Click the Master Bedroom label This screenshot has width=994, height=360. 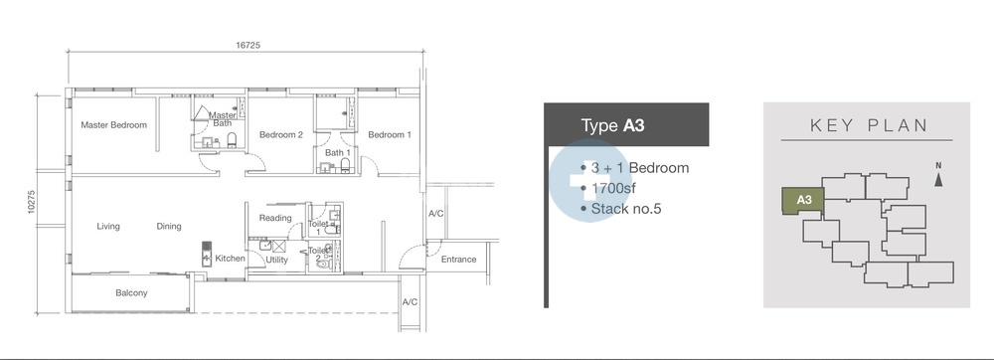(x=113, y=125)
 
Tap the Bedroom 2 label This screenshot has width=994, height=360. (x=281, y=134)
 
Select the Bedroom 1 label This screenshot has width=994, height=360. (x=390, y=134)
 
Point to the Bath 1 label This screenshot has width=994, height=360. (x=337, y=153)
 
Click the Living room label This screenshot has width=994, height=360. (x=107, y=227)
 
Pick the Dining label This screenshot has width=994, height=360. (x=169, y=227)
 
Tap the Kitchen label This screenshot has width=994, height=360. (x=230, y=259)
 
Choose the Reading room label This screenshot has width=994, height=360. (x=275, y=218)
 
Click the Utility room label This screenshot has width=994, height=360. (x=276, y=260)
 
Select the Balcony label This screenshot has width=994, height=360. (x=131, y=292)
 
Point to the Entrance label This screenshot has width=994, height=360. (x=458, y=260)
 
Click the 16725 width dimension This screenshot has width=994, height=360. (x=248, y=45)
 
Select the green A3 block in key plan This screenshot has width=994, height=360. (x=802, y=200)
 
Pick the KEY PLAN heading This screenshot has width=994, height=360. (x=869, y=125)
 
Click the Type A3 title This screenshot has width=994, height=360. (x=612, y=125)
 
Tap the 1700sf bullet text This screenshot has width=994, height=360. (x=613, y=188)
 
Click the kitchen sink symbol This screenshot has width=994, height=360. (x=207, y=254)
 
